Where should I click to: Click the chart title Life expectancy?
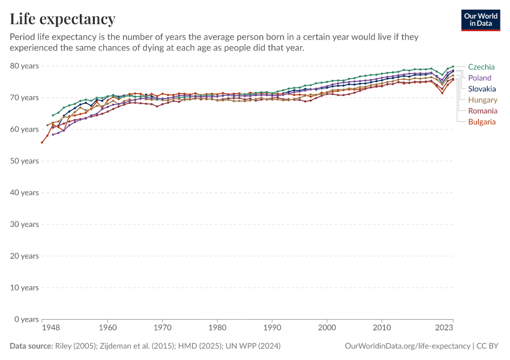coord(62,19)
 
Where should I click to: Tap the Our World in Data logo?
coord(480,20)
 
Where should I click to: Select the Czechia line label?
coord(481,67)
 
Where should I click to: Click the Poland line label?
coord(479,78)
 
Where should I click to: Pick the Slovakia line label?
coord(482,89)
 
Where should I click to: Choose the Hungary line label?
coord(482,100)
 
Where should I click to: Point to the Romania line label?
coord(482,111)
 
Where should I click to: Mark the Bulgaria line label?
coord(482,122)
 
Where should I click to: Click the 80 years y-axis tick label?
coord(25,65)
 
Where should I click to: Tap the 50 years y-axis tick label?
coord(25,161)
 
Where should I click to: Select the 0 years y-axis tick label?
coord(26,319)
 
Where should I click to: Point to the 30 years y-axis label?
coord(25,224)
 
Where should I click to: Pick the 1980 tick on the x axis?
coord(217,328)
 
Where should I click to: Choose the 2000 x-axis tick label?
coord(327,328)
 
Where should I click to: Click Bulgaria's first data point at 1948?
coord(42,142)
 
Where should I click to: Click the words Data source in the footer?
coord(31,346)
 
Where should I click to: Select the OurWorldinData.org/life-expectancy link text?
coord(407,346)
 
